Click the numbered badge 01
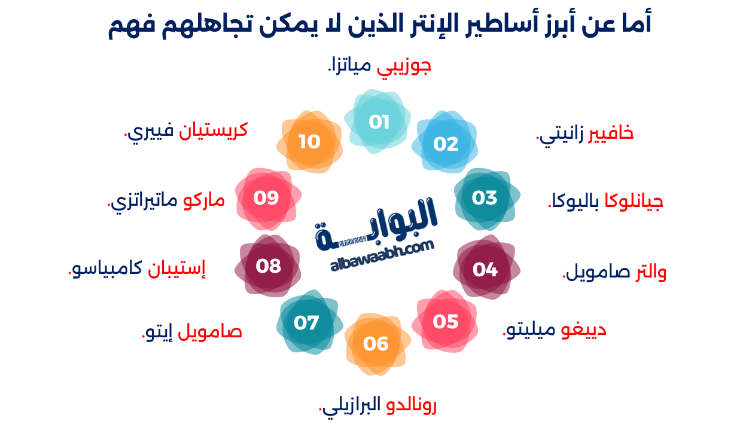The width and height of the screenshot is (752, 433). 379,122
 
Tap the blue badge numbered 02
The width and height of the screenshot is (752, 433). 446,144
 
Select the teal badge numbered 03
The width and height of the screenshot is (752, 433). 485,197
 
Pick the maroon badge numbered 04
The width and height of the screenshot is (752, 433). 485,270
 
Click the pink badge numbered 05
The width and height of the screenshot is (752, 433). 446,322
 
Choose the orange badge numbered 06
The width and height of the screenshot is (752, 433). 376,343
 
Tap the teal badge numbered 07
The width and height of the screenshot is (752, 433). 306,323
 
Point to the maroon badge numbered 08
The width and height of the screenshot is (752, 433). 268,265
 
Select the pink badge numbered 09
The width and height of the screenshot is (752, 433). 266,197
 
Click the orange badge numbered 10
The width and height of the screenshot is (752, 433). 309,142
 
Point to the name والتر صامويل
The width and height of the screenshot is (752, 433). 614,273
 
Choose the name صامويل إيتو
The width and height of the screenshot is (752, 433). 192,331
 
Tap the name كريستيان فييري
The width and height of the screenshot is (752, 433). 185,130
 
